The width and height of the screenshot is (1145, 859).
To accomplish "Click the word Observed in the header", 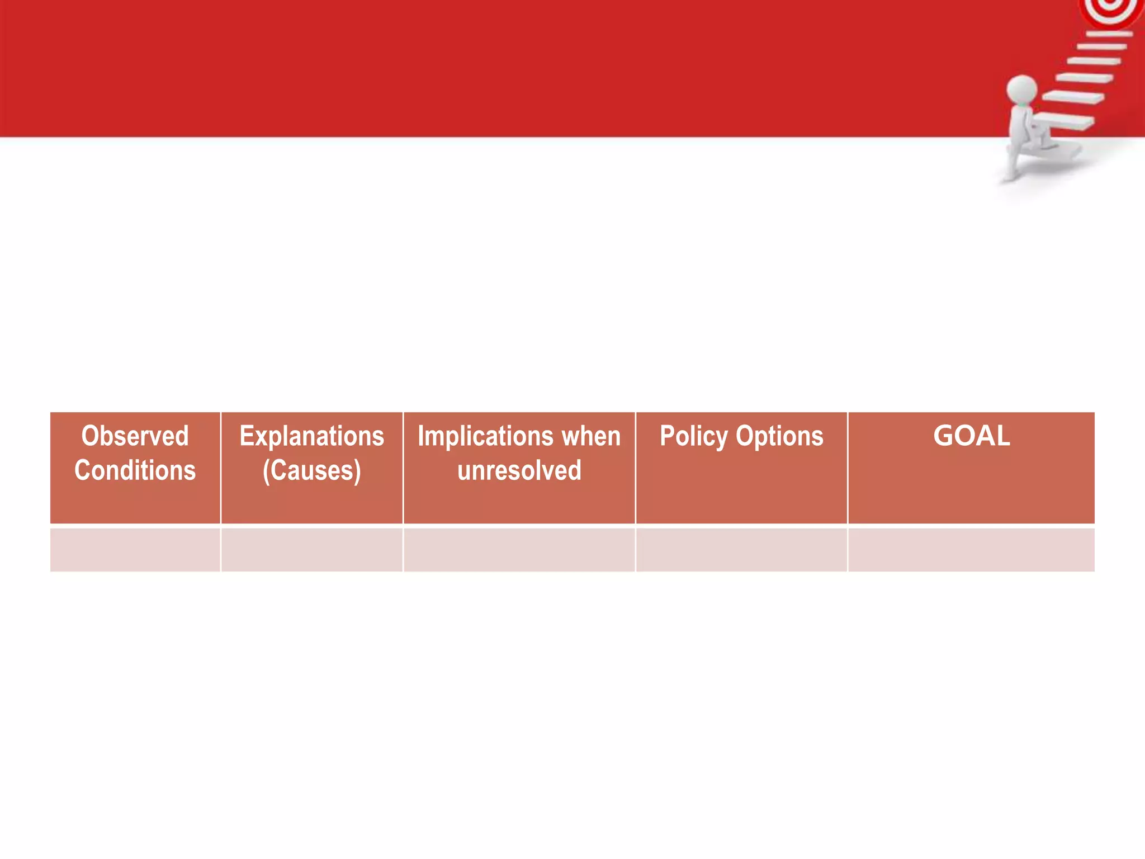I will click(x=135, y=436).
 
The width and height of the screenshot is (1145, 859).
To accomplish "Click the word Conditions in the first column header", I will click(x=135, y=470).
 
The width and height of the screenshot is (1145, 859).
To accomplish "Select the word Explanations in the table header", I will click(x=311, y=436).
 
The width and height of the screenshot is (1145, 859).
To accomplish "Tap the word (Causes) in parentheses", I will click(x=311, y=471).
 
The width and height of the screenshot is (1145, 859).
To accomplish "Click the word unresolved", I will click(x=519, y=470).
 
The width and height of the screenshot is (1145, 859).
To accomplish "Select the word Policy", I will click(x=694, y=436).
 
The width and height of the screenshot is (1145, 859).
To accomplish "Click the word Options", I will click(x=779, y=436).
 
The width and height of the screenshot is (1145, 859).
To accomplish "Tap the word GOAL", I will click(x=971, y=436).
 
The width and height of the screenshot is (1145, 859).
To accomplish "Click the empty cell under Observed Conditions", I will click(x=135, y=549).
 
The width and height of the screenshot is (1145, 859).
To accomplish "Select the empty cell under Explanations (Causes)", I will click(x=311, y=549).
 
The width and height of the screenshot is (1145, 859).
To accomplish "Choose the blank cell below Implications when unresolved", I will click(x=519, y=549).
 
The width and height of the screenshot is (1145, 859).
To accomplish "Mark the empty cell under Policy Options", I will click(x=741, y=549).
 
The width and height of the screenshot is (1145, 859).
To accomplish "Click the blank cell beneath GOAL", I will click(x=971, y=549).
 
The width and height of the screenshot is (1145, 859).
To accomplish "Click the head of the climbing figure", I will click(x=1021, y=89).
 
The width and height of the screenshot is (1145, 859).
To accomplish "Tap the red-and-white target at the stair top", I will click(x=1111, y=10).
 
